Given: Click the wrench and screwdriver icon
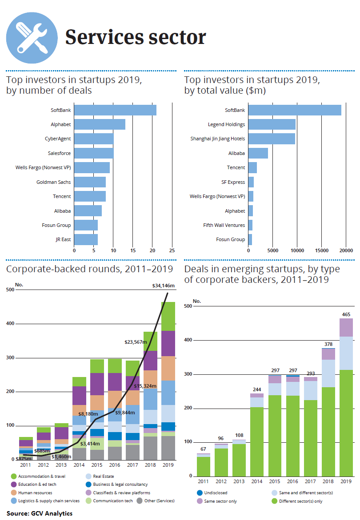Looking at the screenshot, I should click(32, 38).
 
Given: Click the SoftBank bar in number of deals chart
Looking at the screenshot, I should click(115, 110).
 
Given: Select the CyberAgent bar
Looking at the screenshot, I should click(94, 139).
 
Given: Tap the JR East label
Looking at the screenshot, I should click(63, 239).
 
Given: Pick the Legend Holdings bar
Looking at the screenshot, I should click(272, 124).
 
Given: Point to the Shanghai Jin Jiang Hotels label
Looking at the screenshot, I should click(218, 139).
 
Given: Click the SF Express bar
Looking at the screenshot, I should click(251, 182).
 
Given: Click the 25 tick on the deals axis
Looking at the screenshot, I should click(172, 250).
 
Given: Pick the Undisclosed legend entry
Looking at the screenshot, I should click(212, 492).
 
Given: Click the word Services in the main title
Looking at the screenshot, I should click(101, 37).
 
